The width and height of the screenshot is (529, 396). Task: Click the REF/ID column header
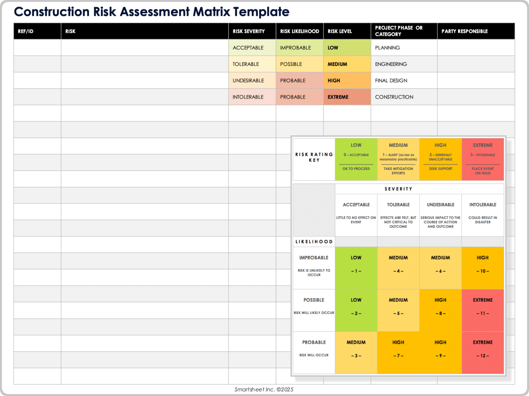coord(26,31)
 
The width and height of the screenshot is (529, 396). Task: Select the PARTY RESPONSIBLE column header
coord(465,31)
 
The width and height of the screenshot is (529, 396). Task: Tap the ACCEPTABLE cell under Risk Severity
coord(248,48)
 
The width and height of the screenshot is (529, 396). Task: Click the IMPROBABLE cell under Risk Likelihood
coord(295,48)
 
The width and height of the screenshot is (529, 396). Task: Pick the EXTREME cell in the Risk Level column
coord(338,97)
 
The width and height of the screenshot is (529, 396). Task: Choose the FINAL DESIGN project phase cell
coord(391,81)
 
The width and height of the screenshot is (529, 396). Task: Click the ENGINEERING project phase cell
coord(391,64)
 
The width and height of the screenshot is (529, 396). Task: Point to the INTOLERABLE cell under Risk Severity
coord(248,97)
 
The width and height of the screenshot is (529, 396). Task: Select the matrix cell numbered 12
coord(483,353)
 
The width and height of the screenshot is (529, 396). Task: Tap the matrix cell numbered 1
coord(356,268)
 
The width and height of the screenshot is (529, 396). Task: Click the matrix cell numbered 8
coord(440,310)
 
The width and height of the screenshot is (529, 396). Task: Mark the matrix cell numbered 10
coord(483,268)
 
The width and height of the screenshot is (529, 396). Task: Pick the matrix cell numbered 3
coord(356,353)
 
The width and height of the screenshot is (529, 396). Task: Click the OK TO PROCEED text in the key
coord(356,169)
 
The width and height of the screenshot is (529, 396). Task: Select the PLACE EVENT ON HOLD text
coord(483,171)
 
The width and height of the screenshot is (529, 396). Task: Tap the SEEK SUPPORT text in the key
coord(441,169)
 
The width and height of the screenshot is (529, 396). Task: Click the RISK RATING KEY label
coord(314,157)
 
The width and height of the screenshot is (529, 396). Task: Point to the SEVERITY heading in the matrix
coord(398,189)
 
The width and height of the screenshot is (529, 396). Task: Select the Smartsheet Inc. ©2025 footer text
coord(264,389)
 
